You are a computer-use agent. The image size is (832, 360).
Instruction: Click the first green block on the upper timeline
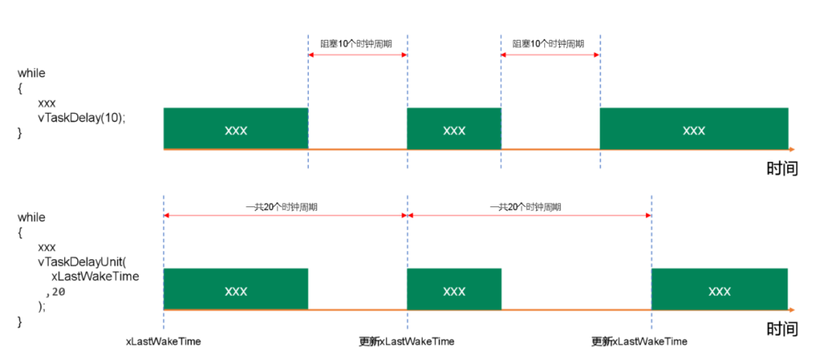(236, 128)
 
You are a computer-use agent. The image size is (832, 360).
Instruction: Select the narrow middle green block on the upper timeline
(453, 128)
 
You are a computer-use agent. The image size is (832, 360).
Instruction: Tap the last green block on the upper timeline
(693, 128)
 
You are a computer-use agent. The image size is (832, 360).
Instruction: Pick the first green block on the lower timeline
(236, 289)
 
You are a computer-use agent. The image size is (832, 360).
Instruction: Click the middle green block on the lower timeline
(453, 289)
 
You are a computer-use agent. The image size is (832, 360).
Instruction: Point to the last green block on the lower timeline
(719, 289)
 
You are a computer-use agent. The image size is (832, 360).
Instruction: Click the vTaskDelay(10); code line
(81, 118)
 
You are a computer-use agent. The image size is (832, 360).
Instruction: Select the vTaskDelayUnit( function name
(82, 262)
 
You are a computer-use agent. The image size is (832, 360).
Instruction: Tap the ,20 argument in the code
(55, 290)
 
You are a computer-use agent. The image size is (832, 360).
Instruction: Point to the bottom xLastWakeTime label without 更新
(163, 341)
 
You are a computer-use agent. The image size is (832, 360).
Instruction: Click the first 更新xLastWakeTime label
(406, 341)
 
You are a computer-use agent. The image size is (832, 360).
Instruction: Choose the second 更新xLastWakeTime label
(639, 341)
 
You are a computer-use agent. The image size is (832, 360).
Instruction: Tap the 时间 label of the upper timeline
(782, 168)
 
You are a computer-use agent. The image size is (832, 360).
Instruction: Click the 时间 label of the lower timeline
(782, 329)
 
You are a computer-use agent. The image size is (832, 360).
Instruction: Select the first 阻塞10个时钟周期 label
(357, 43)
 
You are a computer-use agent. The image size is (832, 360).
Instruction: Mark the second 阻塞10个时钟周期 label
(549, 43)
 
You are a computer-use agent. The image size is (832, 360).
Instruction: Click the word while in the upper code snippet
(32, 73)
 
